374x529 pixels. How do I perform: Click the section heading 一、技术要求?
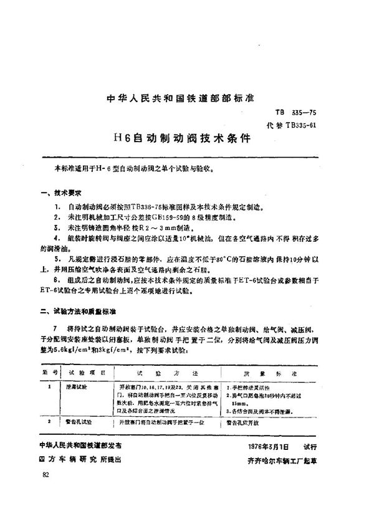[x=65, y=194]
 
